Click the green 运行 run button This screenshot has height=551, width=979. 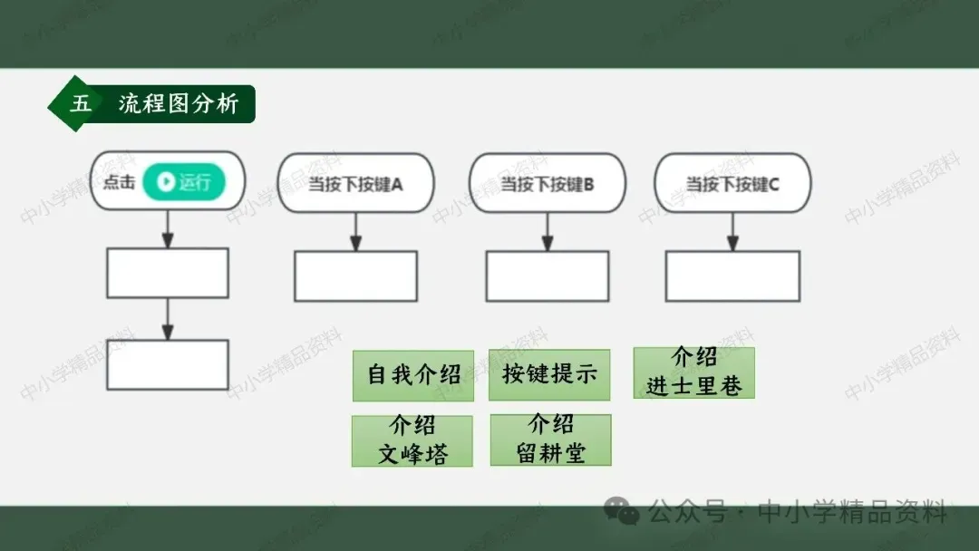point(184,182)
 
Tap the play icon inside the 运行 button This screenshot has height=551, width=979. point(165,182)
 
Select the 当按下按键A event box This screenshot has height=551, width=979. point(356,183)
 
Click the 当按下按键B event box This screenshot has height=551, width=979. point(548,183)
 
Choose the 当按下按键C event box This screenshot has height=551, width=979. point(732,183)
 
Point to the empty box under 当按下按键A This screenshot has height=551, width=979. point(355,275)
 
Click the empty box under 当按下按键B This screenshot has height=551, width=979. point(547,275)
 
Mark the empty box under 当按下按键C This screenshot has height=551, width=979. point(732,275)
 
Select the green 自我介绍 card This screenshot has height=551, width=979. point(413,375)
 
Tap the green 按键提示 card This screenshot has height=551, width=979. point(549,374)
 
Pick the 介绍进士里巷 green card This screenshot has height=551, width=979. point(694,372)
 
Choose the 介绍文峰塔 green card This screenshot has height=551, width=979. point(412,440)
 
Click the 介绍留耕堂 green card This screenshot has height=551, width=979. point(550,440)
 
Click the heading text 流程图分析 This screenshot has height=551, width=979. point(179,104)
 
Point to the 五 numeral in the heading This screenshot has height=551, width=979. point(81,104)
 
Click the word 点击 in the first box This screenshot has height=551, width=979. point(119,182)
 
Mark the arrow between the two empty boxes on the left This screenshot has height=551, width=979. point(168,319)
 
